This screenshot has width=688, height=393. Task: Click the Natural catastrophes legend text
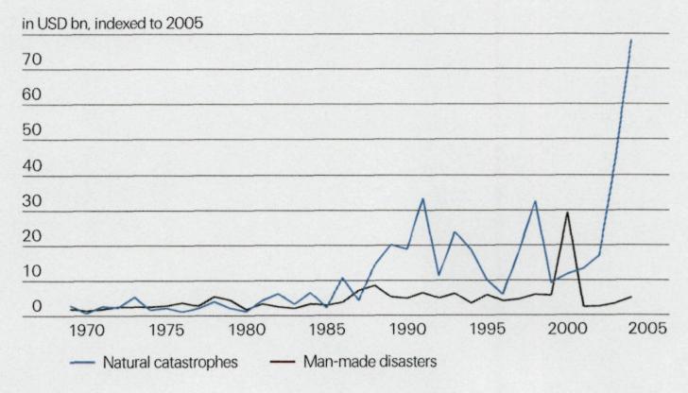164,363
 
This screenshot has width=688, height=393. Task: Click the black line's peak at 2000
567,212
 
